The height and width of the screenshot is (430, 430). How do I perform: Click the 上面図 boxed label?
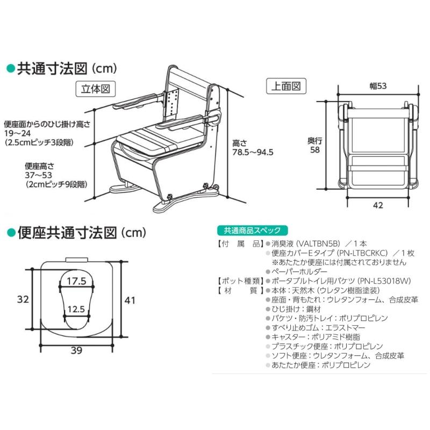pos(286,85)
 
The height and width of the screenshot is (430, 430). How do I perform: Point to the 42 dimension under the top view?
pos(378,204)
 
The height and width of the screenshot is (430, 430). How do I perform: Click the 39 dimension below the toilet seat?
pos(77,351)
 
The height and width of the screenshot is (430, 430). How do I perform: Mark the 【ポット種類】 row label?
pos(238,281)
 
